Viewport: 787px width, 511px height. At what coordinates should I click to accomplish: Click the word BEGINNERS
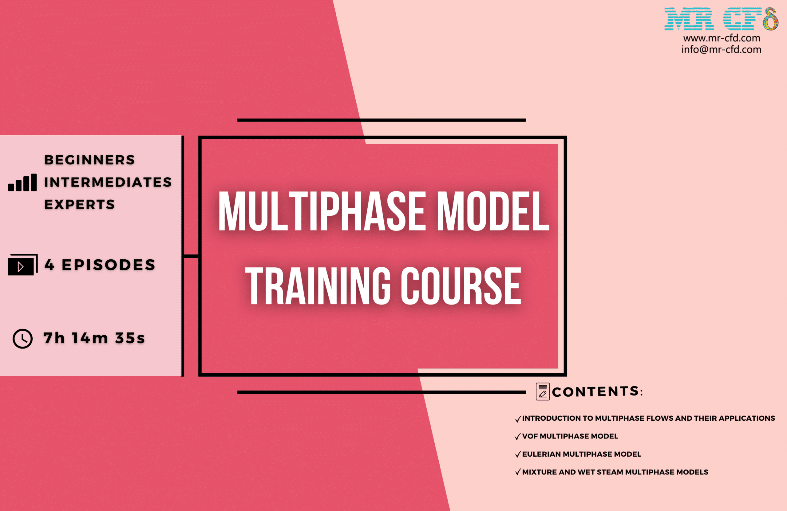(x=89, y=160)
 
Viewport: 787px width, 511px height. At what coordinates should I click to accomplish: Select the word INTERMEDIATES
(x=108, y=182)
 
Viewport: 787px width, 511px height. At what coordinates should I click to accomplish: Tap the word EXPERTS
(x=80, y=205)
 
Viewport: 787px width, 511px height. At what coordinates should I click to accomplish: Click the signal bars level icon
(x=22, y=183)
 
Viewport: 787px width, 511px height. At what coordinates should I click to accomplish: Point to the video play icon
(x=22, y=265)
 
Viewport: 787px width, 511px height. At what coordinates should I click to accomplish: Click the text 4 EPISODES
(x=100, y=265)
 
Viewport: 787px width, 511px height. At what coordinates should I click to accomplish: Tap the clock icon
(x=22, y=338)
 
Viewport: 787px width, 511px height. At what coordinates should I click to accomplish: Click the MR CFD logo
(x=721, y=19)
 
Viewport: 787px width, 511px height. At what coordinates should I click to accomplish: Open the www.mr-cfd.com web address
(x=722, y=38)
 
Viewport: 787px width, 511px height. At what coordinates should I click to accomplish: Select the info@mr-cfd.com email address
(x=721, y=49)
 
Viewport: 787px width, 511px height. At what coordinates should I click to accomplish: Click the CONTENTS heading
(x=597, y=392)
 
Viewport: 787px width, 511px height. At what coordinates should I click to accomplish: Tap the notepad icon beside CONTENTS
(x=543, y=392)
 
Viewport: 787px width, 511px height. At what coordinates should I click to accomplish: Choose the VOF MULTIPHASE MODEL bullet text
(x=570, y=436)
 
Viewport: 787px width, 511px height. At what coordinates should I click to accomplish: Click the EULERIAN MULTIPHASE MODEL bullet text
(x=582, y=454)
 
